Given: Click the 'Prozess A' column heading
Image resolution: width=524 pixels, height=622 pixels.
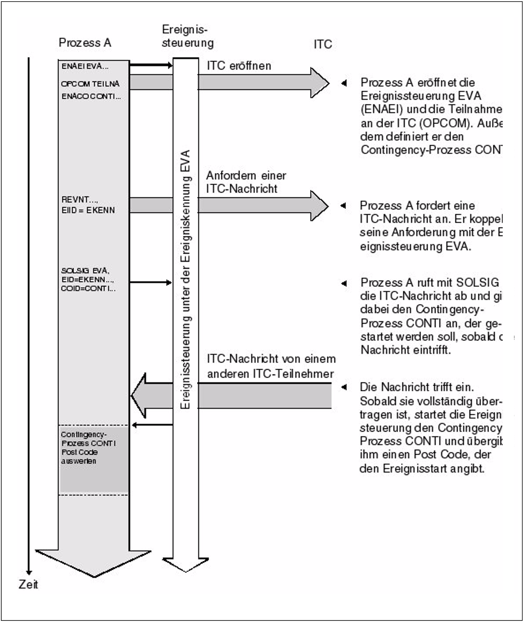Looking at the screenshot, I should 85,43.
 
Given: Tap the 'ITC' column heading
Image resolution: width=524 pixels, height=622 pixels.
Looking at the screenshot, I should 323,44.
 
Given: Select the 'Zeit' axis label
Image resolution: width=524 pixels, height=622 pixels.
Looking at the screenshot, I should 28,584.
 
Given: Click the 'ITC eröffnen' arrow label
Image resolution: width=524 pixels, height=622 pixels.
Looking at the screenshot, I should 239,66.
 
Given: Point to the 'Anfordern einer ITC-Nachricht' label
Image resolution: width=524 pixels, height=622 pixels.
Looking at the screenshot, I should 246,182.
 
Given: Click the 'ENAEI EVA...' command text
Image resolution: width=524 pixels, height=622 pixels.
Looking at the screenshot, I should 85,66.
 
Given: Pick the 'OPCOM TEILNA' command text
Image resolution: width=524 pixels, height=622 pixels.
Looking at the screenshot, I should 90,84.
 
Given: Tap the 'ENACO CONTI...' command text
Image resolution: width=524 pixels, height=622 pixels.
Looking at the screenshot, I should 91,96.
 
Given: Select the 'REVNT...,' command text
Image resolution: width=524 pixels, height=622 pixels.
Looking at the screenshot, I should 80,199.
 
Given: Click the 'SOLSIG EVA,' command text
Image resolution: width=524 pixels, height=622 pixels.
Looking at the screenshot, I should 85,271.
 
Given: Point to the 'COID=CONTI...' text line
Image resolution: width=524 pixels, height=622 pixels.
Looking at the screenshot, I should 88,289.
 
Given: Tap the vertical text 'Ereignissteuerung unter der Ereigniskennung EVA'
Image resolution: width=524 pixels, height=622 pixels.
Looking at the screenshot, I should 185,279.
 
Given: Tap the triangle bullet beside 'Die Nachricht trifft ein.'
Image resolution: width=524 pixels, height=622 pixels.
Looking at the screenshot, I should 344,387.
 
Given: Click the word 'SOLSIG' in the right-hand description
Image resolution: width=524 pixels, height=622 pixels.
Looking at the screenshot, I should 477,282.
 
